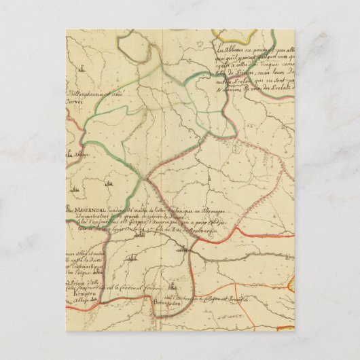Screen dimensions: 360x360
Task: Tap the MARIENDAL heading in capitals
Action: tap(82, 209)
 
